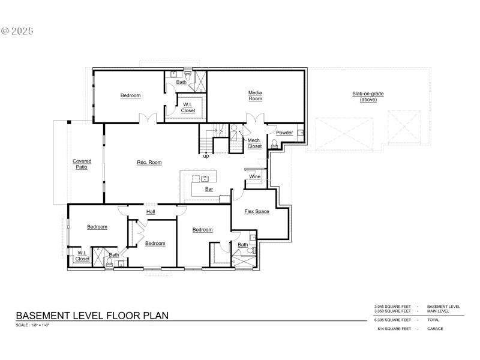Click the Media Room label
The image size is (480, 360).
click(256, 96)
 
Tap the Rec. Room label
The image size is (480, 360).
click(149, 162)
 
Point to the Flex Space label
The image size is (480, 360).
click(256, 211)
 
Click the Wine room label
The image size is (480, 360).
click(255, 176)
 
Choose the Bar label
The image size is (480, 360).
click(209, 188)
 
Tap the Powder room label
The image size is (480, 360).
click(284, 133)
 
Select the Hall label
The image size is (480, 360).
click(151, 211)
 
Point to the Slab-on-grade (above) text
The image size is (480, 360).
click(368, 96)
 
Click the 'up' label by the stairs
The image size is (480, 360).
click(206, 156)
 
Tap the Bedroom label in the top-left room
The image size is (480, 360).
click(130, 95)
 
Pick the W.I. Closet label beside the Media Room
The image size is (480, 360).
click(188, 107)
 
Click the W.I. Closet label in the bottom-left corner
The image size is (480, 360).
click(83, 256)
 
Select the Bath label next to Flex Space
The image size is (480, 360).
click(242, 245)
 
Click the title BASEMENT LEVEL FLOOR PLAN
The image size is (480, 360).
click(92, 315)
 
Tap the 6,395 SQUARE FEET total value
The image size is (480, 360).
click(393, 320)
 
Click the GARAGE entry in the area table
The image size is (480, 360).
click(436, 329)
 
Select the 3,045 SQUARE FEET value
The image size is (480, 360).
click(393, 307)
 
